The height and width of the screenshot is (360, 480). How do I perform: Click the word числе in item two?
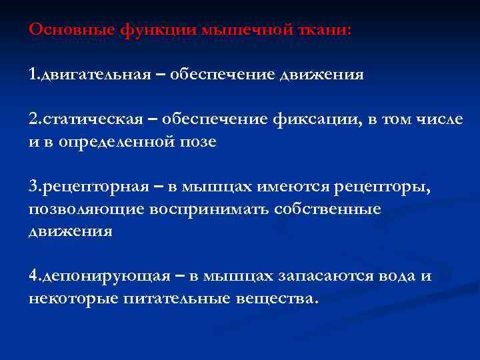437,119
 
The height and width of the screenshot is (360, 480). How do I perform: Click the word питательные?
177,298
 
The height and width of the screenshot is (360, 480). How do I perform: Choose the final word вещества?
277,298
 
